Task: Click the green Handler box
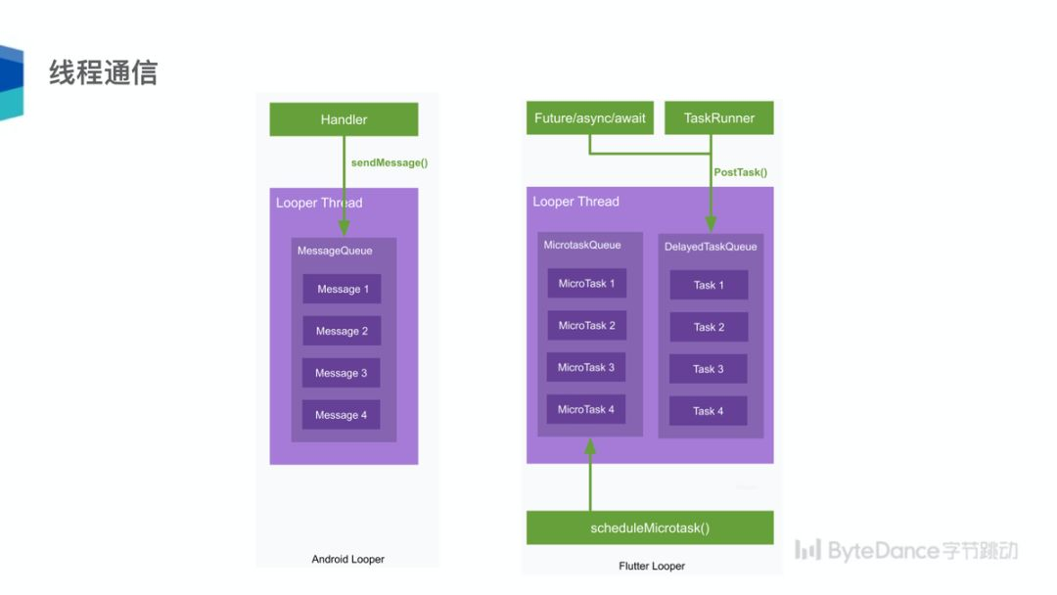344,119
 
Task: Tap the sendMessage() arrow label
390,162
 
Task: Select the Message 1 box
342,289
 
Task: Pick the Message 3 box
342,373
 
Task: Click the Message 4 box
341,415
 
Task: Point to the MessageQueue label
335,251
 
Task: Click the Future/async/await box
589,118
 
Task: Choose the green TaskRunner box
718,118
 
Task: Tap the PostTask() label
740,172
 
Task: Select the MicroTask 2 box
586,326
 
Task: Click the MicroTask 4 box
586,409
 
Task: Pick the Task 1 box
709,285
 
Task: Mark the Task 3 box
709,369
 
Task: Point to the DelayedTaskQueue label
711,247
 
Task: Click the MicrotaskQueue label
582,245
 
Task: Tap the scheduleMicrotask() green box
650,528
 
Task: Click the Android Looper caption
347,559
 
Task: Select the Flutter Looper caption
652,566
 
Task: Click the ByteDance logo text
905,550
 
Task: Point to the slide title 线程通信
103,72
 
